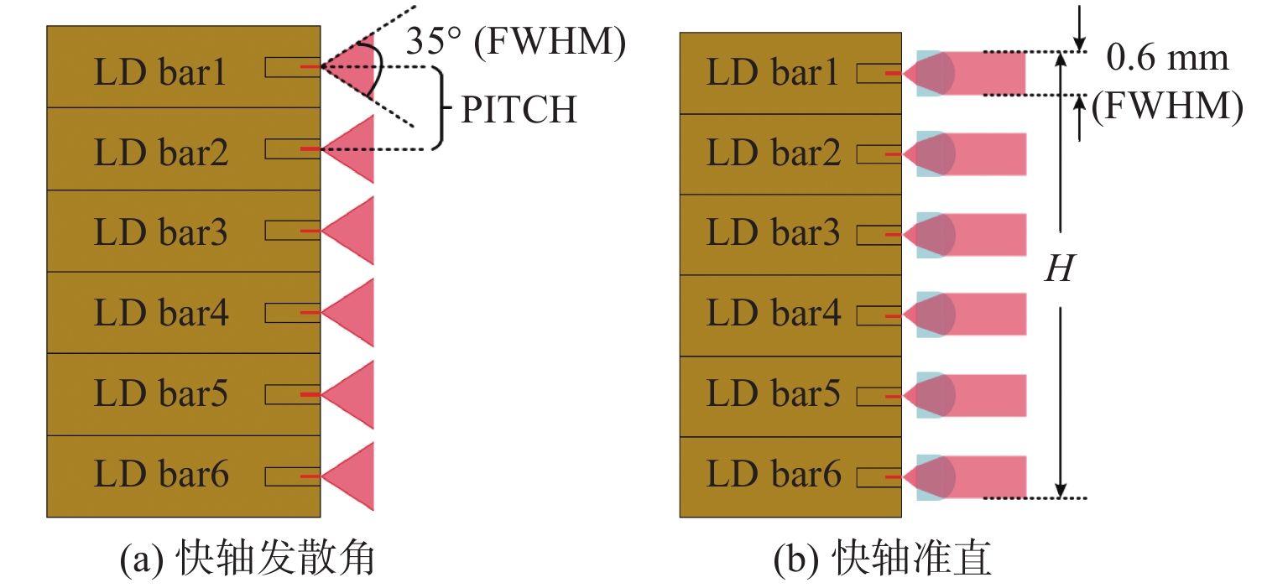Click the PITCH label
tap(519, 110)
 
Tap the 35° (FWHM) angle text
tap(515, 43)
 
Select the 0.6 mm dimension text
tap(1167, 57)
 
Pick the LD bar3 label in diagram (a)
tap(160, 232)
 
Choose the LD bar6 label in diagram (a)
tap(160, 476)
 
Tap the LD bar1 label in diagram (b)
tap(773, 74)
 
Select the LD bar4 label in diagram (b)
tap(773, 314)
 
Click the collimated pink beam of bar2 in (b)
tap(990, 154)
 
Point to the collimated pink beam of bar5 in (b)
tap(990, 395)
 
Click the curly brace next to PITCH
tap(436, 109)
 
